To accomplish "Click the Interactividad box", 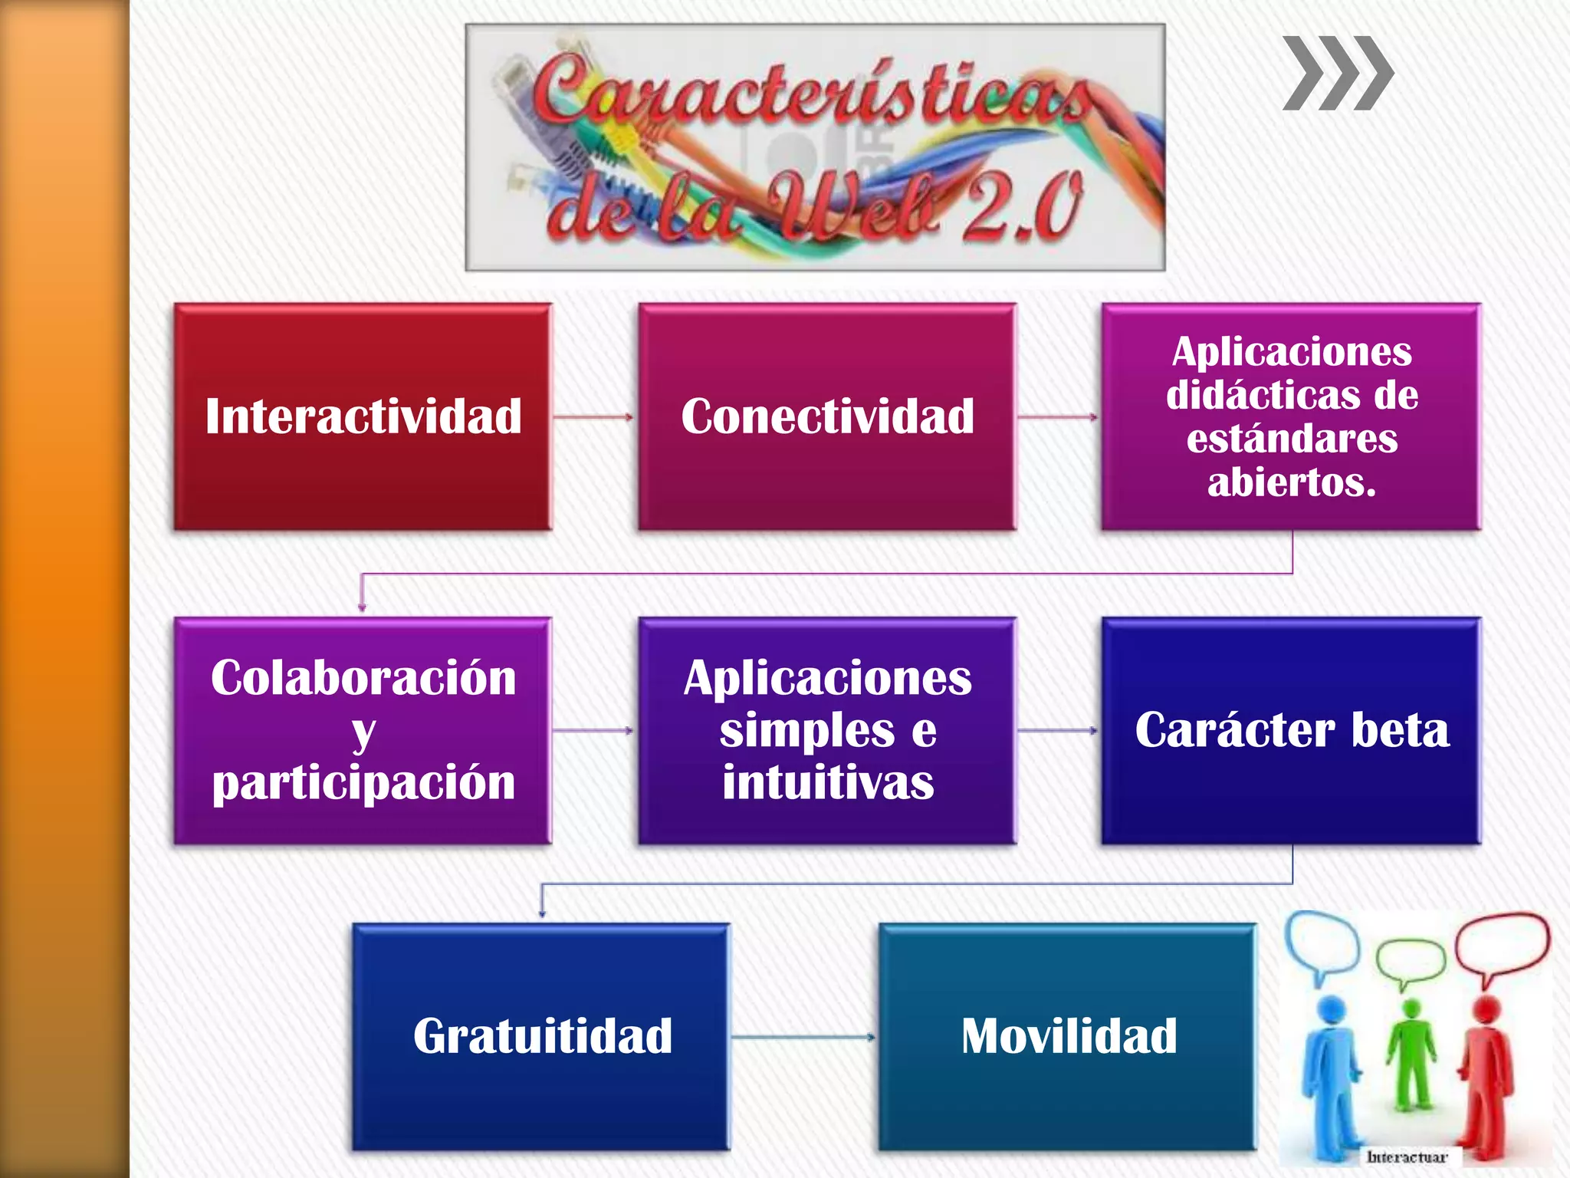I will click(x=363, y=416).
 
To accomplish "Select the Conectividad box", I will click(x=827, y=416).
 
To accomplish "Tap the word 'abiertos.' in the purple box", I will click(x=1292, y=482).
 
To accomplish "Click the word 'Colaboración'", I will click(x=363, y=678).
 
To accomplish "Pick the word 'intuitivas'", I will click(x=828, y=782).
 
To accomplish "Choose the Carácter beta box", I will click(x=1292, y=730).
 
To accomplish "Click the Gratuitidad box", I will click(x=542, y=1036).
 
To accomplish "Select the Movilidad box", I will click(x=1069, y=1036).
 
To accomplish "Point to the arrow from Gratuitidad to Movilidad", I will click(x=803, y=1037).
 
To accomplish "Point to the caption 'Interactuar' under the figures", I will click(x=1407, y=1157).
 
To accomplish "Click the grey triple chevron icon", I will click(x=1338, y=73).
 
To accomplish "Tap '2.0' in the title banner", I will click(x=1023, y=206).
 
